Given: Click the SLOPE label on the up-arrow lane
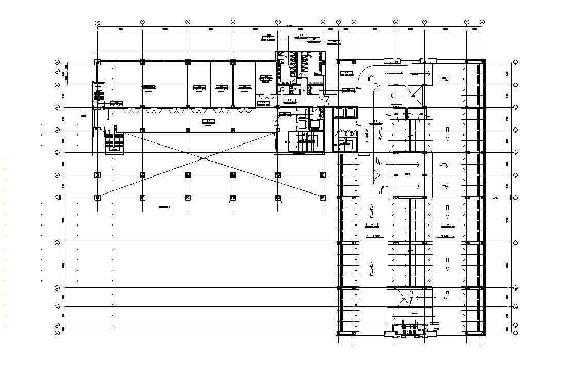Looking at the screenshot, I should coord(375,236).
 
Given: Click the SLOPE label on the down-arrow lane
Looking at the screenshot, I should coord(445,236).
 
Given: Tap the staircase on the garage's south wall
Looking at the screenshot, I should coord(410,329).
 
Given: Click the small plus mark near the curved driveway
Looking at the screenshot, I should coord(377,83).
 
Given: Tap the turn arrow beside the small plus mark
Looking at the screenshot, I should coord(368,78).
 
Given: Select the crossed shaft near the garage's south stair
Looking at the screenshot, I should coord(402,297).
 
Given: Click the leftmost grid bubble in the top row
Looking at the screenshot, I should coord(97,22).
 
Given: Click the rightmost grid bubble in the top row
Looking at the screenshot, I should coord(482,22).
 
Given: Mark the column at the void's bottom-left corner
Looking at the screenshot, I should coord(98,198).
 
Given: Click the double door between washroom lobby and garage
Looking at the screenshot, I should coord(325,94).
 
